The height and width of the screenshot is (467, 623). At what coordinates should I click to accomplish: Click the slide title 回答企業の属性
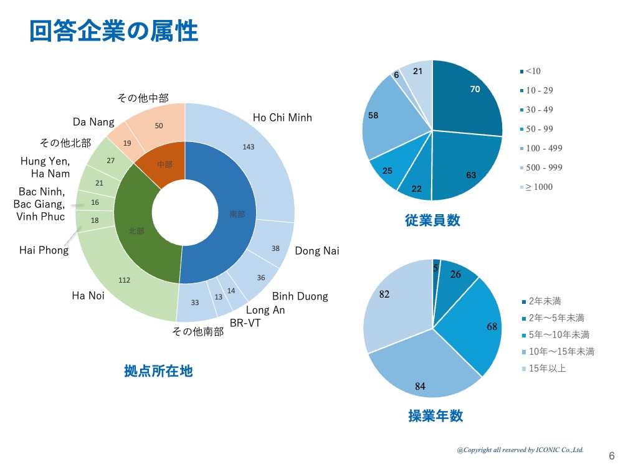pos(114,31)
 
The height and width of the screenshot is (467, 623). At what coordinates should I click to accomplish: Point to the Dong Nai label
pos(317,251)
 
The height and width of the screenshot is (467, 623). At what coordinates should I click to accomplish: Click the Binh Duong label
pos(300,296)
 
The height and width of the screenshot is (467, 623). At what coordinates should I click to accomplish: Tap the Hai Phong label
pos(44,250)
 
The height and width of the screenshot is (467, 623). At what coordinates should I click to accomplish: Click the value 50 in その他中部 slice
pos(159,126)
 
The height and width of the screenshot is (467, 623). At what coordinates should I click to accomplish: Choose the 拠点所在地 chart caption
pos(158,371)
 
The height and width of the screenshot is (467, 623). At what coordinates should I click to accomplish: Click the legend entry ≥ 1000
pos(539,187)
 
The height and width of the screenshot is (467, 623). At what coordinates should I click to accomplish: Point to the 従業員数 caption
pos(432,220)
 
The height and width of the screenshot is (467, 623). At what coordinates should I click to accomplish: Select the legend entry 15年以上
pos(546,369)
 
